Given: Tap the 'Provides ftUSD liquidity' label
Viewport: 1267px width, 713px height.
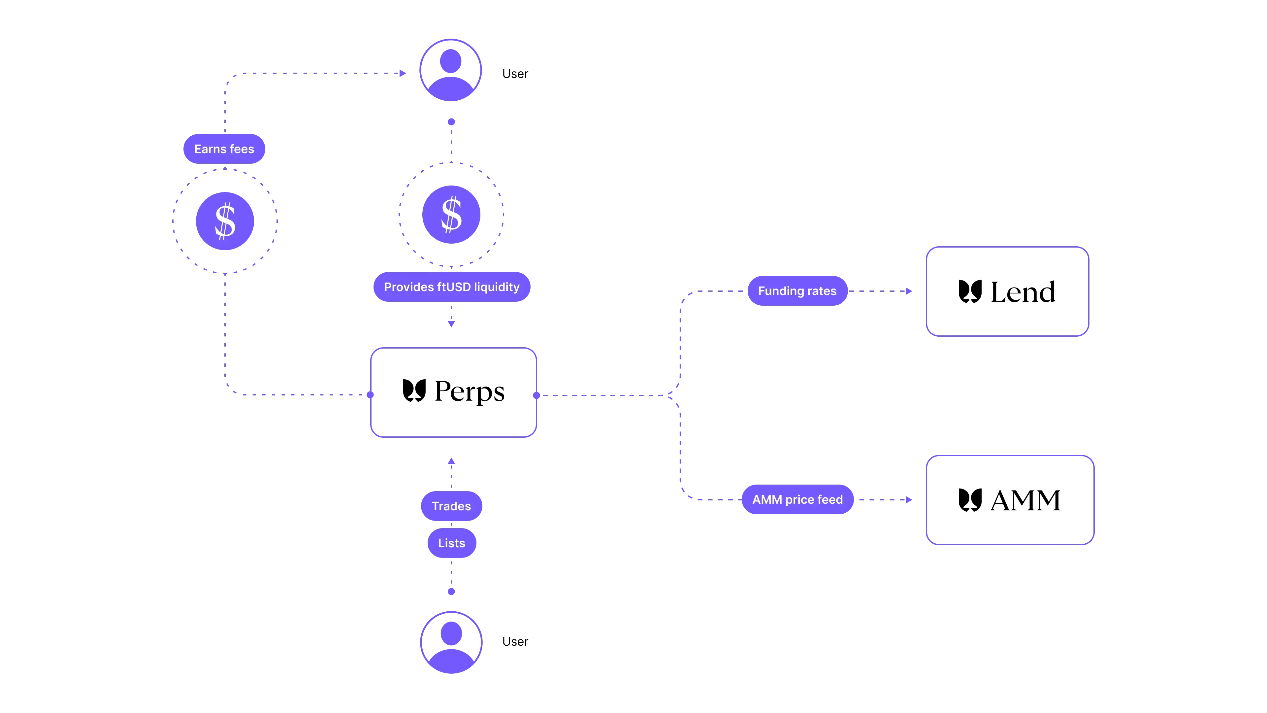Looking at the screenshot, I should pos(451,287).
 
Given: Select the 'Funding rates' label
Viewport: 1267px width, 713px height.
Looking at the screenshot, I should pos(797,291).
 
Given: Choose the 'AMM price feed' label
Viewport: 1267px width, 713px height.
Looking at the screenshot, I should pos(797,499).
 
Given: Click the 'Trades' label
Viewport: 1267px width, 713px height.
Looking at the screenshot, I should pos(451,506).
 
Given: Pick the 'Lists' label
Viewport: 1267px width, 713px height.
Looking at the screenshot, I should pos(451,543).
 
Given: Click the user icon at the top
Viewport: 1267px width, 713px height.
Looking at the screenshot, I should pos(450,70).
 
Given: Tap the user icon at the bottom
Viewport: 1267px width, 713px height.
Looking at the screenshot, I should pos(451,642).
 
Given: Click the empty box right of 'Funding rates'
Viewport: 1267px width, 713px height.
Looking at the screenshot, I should pos(1007,291).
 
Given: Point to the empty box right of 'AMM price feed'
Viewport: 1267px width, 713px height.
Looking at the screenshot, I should pos(1009,500).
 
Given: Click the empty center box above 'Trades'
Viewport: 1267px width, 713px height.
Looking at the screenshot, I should pos(453,392).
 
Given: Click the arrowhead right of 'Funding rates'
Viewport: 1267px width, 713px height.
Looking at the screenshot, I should pos(909,291).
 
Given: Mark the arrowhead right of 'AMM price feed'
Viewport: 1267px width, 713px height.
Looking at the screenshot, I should pos(909,500).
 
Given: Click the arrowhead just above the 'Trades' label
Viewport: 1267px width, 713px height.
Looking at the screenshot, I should pos(451,461).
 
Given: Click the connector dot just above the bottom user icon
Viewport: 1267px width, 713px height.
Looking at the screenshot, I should pos(451,592).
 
